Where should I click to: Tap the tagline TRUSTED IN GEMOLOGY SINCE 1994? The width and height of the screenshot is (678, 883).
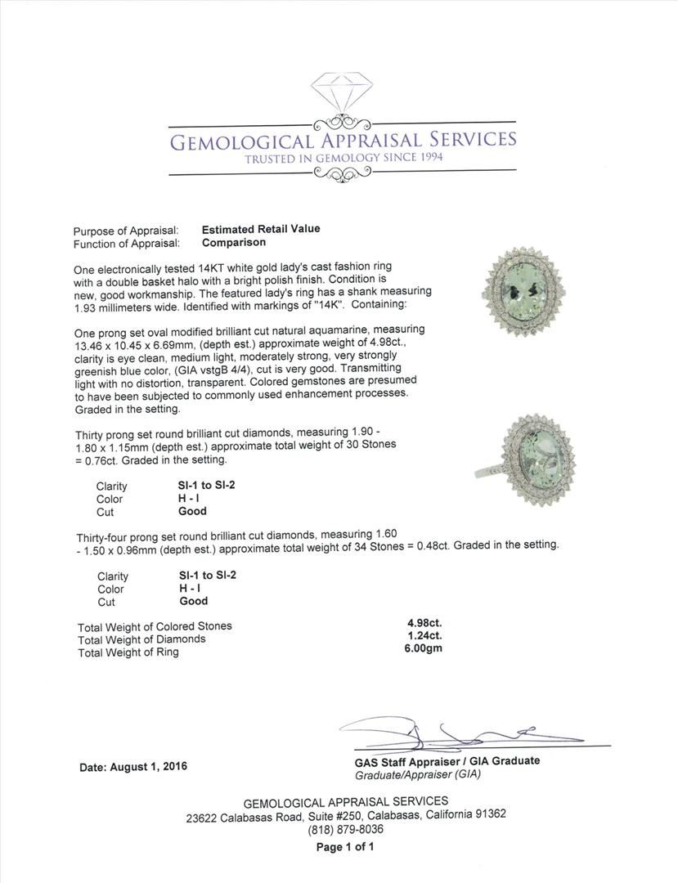(x=343, y=157)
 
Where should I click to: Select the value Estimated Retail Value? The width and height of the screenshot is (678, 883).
(x=261, y=229)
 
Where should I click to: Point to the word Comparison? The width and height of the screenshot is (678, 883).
(x=234, y=243)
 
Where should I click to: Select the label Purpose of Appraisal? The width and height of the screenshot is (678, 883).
(x=126, y=231)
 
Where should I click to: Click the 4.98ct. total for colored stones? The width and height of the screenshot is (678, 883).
(x=419, y=623)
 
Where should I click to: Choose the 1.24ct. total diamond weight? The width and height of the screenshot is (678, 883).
(x=419, y=636)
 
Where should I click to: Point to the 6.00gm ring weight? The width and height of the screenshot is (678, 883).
(x=419, y=649)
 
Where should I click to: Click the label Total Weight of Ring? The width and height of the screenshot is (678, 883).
(x=128, y=652)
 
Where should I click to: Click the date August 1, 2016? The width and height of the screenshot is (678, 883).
(x=133, y=767)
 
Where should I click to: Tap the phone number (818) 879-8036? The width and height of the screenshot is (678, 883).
(x=345, y=829)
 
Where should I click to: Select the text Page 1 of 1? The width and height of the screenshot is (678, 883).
(x=345, y=847)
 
